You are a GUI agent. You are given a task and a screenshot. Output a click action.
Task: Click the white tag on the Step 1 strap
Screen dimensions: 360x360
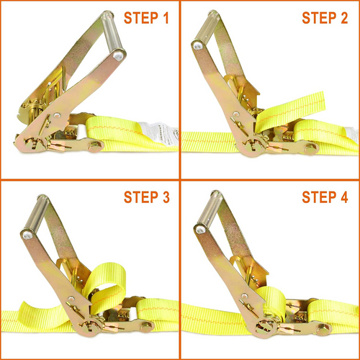click(159, 134)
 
